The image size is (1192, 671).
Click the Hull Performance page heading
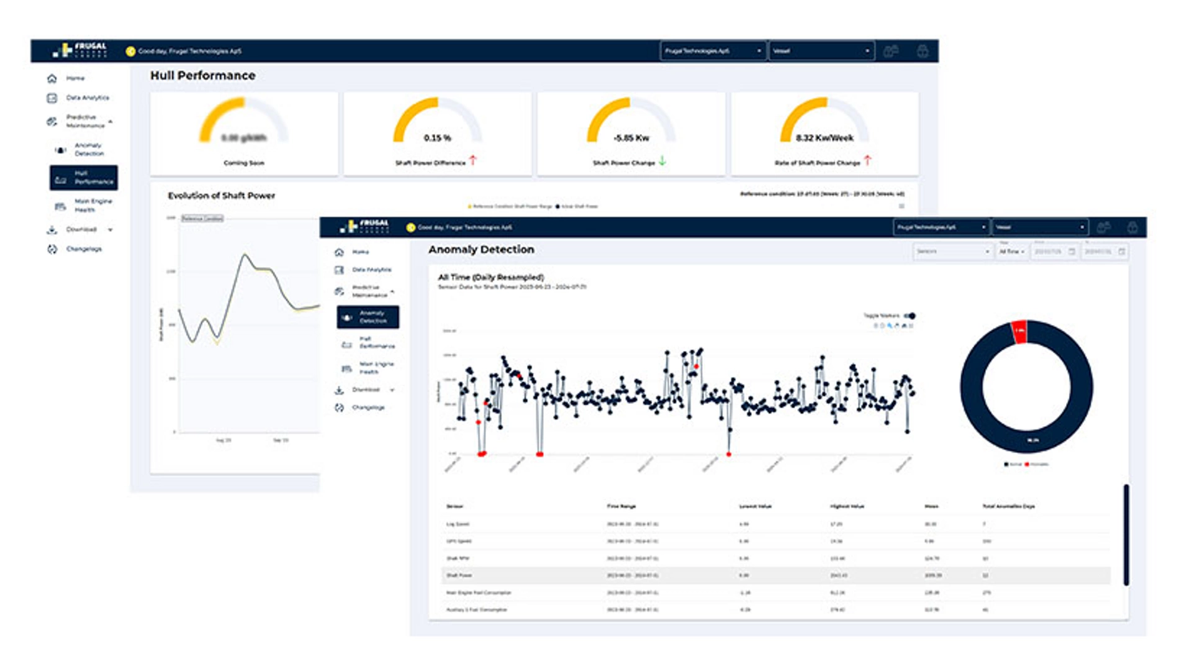(x=202, y=75)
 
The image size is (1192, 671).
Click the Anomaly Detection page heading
(x=481, y=249)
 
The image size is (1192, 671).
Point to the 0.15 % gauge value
(x=437, y=138)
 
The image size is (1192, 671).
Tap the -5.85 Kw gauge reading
(x=631, y=138)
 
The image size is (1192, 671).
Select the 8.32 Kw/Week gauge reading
(x=824, y=138)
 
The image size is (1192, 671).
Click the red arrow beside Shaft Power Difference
(x=473, y=160)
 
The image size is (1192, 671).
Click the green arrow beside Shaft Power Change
(x=662, y=161)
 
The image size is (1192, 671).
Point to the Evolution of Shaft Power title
(x=221, y=195)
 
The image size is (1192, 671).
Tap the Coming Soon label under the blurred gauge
(x=243, y=163)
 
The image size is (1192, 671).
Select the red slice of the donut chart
(x=1019, y=331)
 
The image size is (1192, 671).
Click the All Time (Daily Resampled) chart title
(x=490, y=277)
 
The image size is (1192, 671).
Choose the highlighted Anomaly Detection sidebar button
(x=368, y=317)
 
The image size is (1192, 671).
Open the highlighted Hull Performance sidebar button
(x=84, y=178)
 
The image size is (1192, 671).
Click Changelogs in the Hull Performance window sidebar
(x=83, y=249)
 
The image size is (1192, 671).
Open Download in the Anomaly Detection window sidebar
(x=366, y=390)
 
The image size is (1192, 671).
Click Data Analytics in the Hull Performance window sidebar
(x=87, y=98)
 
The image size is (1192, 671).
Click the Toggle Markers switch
(x=910, y=316)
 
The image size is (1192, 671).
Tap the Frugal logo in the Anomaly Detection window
(x=365, y=226)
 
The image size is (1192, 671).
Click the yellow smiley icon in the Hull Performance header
(x=130, y=52)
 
